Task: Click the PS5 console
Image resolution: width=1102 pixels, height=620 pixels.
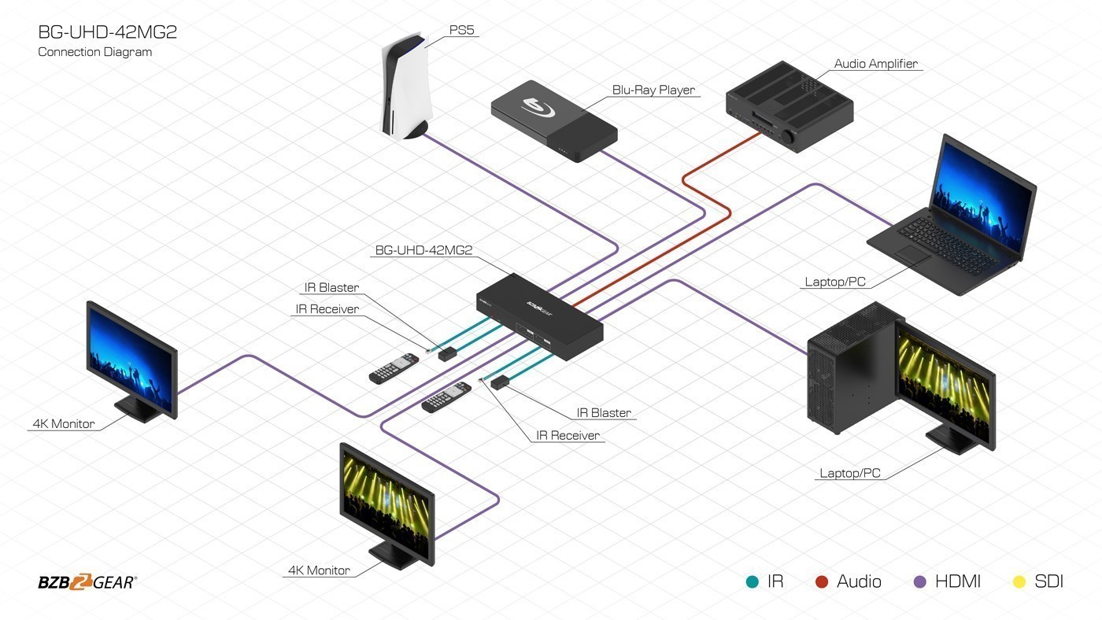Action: click(405, 89)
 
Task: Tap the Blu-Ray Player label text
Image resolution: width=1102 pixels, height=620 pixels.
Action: click(653, 90)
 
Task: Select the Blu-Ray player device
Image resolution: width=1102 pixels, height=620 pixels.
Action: click(553, 119)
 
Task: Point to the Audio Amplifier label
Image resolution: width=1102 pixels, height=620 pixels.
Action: click(875, 64)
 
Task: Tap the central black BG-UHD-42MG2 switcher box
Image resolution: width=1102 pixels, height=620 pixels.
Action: click(539, 315)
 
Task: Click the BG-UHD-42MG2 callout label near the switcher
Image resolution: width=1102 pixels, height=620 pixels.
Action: click(423, 251)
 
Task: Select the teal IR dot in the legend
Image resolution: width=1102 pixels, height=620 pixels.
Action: click(752, 582)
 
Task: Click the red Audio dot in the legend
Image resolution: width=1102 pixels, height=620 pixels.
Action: click(822, 582)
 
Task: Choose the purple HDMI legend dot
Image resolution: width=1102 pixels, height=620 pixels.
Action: click(919, 582)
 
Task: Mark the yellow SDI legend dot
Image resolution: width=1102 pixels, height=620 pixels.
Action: click(1019, 582)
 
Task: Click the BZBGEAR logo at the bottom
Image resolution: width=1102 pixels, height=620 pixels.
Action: click(87, 582)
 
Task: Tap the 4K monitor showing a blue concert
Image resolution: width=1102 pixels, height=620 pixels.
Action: click(132, 360)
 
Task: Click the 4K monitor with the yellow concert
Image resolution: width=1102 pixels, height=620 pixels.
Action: click(386, 504)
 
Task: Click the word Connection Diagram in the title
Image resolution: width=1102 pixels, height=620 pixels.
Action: click(94, 52)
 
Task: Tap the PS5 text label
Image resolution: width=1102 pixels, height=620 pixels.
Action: click(462, 31)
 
